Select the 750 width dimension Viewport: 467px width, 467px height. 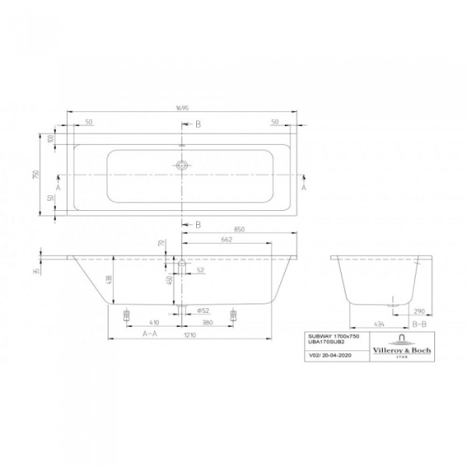coord(35,176)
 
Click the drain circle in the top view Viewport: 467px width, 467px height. coord(182,165)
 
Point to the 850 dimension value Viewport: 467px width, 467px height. coord(241,229)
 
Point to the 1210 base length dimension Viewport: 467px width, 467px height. coord(191,334)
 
